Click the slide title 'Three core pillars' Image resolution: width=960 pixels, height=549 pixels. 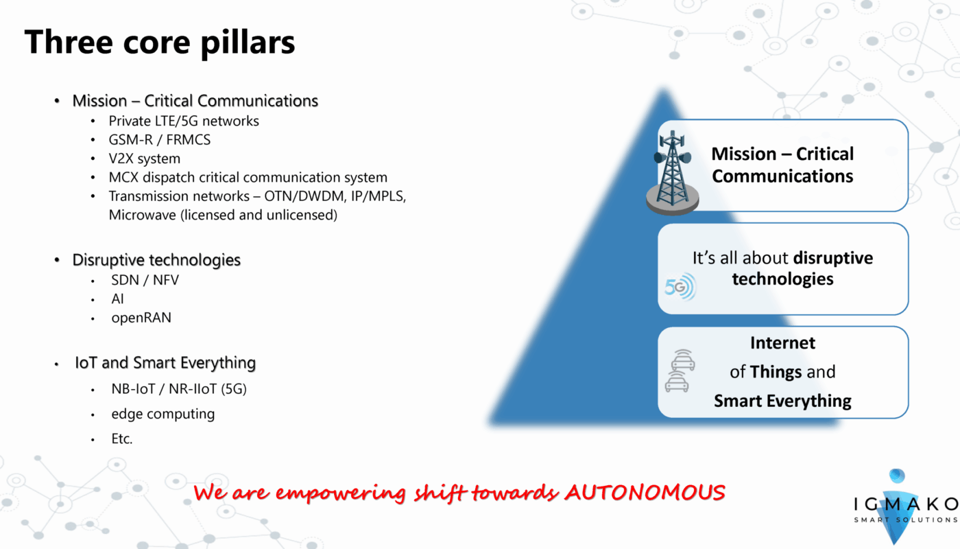click(x=159, y=43)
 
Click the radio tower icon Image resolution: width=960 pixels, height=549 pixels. click(x=673, y=173)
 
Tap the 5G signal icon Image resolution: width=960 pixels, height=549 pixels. click(x=680, y=287)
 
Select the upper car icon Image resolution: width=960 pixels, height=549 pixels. click(x=683, y=360)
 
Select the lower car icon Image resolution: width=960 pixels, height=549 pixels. click(x=677, y=382)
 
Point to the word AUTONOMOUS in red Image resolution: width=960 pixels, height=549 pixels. click(x=645, y=493)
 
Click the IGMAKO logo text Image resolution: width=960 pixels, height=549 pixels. click(x=906, y=504)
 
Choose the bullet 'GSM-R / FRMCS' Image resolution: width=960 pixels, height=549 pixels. click(x=159, y=140)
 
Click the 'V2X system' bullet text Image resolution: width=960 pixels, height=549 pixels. click(x=145, y=159)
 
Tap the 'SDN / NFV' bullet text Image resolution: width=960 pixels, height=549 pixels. click(x=145, y=280)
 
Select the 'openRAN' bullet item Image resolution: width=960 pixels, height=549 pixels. click(x=141, y=318)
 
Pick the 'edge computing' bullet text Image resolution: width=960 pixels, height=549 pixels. click(x=163, y=414)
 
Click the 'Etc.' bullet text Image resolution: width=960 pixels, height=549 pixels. click(x=122, y=439)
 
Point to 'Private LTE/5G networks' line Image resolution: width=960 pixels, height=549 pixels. click(x=184, y=121)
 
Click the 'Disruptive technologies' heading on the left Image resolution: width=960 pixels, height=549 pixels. click(x=156, y=260)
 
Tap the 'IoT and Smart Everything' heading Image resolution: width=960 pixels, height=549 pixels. click(x=165, y=363)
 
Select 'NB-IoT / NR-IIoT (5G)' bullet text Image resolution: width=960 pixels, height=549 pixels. click(x=179, y=389)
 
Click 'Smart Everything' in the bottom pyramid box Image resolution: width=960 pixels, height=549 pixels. click(x=782, y=401)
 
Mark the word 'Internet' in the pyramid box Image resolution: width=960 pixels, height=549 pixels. click(x=782, y=343)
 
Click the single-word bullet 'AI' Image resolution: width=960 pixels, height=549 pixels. click(x=117, y=299)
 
